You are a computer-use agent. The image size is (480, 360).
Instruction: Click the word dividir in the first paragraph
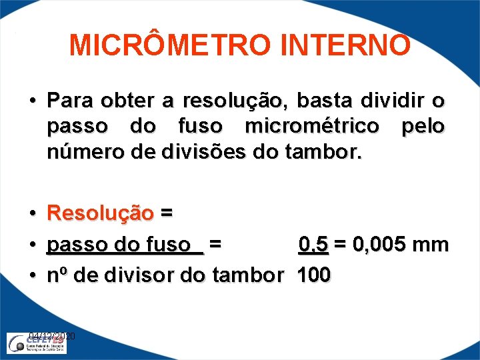click(x=385, y=101)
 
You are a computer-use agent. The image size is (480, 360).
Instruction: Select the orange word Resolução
click(x=101, y=213)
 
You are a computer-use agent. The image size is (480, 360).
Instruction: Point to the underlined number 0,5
click(x=313, y=245)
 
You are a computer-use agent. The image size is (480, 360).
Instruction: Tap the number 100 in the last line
click(x=313, y=275)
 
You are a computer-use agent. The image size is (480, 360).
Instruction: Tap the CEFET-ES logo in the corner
click(x=40, y=343)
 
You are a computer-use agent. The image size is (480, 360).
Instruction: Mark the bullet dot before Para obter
click(x=32, y=102)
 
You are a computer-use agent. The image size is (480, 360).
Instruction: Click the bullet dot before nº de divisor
click(x=32, y=275)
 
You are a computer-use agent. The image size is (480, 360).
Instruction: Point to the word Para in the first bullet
click(x=69, y=101)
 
